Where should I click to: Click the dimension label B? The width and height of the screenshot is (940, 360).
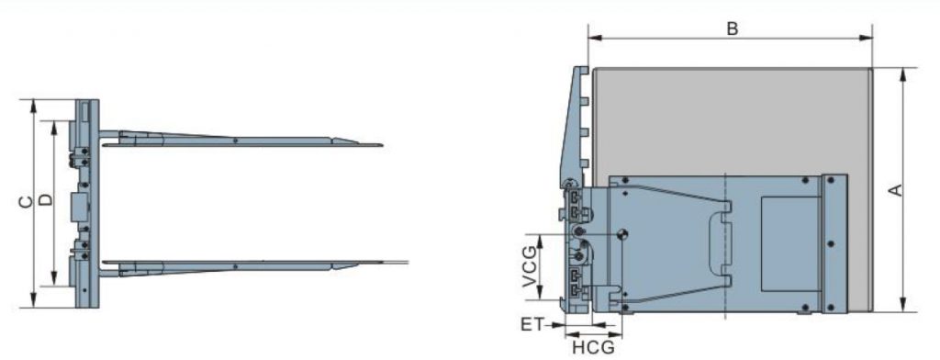[732, 28]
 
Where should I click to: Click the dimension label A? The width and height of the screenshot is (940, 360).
[895, 190]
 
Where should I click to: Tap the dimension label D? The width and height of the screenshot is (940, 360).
[46, 200]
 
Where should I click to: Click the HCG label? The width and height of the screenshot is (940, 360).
[594, 347]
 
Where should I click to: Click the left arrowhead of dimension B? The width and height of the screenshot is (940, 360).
[595, 38]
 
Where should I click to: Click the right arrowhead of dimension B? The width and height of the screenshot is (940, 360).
[866, 38]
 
